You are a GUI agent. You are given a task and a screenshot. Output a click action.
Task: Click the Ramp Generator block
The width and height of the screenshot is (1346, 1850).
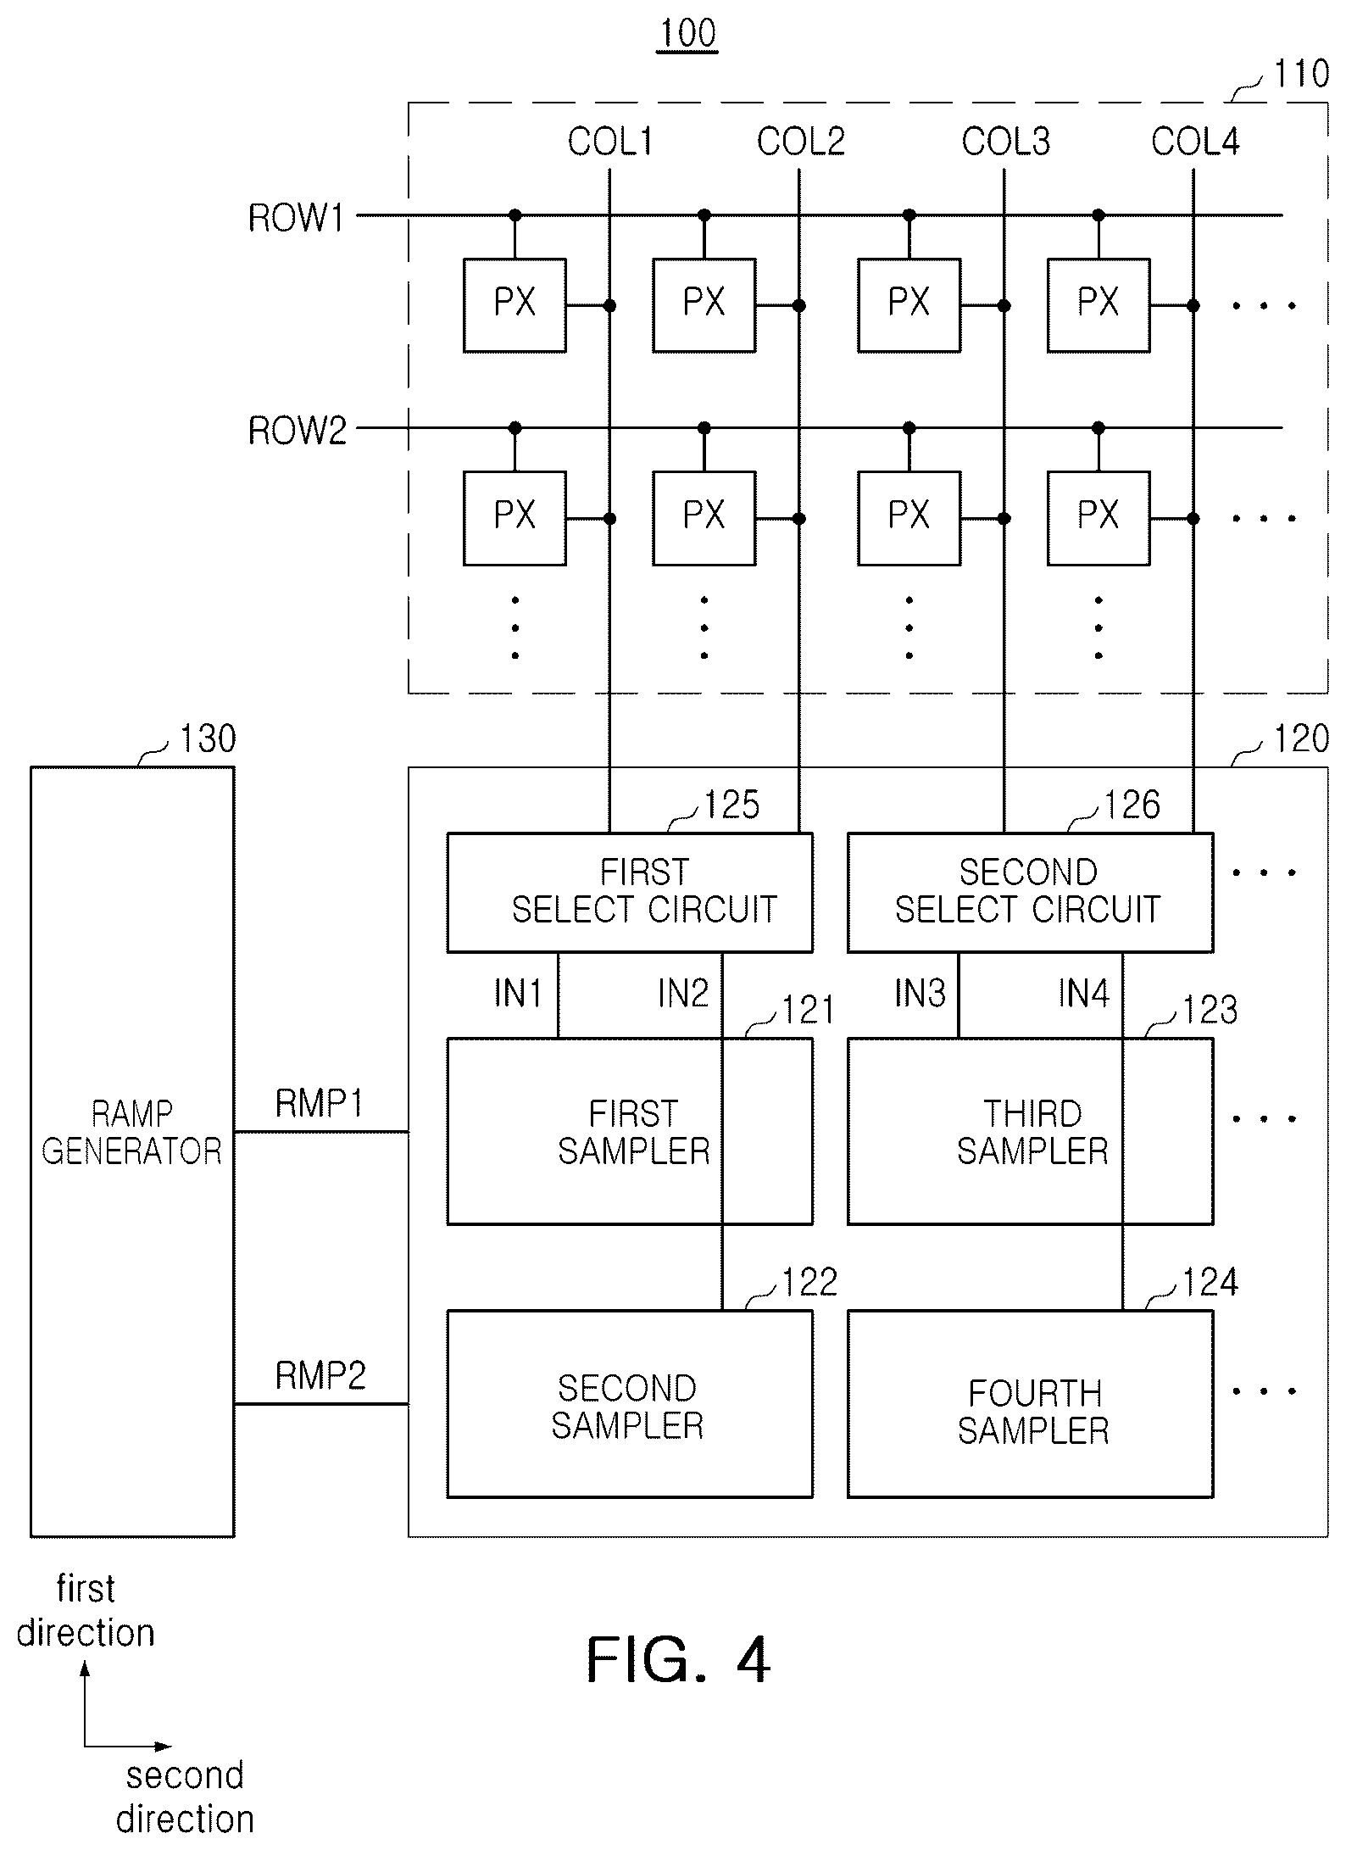(132, 1151)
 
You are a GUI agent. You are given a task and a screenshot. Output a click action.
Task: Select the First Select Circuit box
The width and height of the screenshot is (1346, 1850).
(630, 892)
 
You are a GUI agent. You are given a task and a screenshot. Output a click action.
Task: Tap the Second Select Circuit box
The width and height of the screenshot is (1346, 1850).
(1030, 892)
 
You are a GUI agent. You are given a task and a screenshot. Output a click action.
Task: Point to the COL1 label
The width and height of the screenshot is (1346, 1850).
(610, 142)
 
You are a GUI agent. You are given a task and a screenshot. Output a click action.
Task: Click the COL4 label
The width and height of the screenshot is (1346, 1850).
(1195, 142)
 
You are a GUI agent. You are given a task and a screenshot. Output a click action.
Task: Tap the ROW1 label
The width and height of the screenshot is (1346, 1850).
(297, 219)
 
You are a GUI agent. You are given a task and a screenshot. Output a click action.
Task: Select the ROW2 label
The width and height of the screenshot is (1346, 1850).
(298, 431)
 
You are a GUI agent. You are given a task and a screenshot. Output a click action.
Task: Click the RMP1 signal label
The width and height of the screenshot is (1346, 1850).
(320, 1103)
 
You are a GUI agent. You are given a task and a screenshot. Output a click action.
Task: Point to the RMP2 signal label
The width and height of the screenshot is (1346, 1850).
(320, 1375)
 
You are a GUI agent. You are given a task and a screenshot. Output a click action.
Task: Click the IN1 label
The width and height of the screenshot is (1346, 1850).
(518, 993)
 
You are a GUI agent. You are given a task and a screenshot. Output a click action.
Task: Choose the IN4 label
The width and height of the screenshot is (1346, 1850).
(1084, 993)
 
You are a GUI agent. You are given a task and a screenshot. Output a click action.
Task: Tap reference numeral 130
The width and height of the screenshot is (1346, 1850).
(208, 739)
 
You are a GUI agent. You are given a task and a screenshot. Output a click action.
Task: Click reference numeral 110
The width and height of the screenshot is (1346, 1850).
(1302, 74)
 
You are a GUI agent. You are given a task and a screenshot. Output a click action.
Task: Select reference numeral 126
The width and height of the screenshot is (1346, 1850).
(1132, 805)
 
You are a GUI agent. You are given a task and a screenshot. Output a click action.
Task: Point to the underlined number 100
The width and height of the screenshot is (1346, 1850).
(688, 33)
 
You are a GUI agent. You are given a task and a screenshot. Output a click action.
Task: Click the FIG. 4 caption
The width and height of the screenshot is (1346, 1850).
(678, 1660)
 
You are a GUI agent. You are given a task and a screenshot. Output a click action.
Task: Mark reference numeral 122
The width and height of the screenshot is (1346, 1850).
(810, 1283)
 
